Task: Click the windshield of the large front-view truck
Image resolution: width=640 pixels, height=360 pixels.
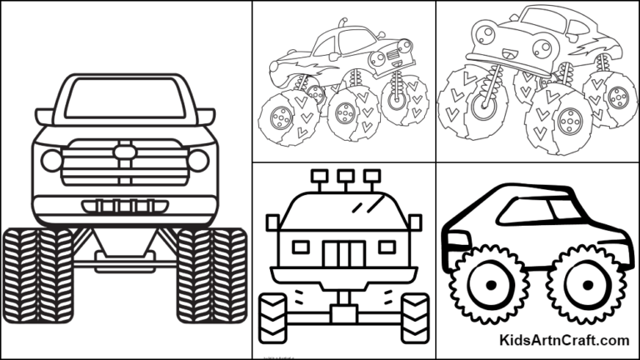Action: click(124, 100)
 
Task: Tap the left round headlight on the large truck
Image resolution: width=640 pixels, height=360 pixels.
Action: click(52, 161)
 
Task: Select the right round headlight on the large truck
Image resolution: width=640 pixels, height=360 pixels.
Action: click(198, 161)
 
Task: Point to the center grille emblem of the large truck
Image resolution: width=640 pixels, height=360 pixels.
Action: click(125, 152)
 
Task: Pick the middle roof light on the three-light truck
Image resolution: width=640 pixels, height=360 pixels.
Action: click(342, 177)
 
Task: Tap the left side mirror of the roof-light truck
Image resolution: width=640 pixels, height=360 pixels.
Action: click(272, 222)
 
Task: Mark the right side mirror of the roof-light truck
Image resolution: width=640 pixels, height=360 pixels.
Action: click(414, 222)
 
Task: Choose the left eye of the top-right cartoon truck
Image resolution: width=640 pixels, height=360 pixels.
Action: click(482, 34)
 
